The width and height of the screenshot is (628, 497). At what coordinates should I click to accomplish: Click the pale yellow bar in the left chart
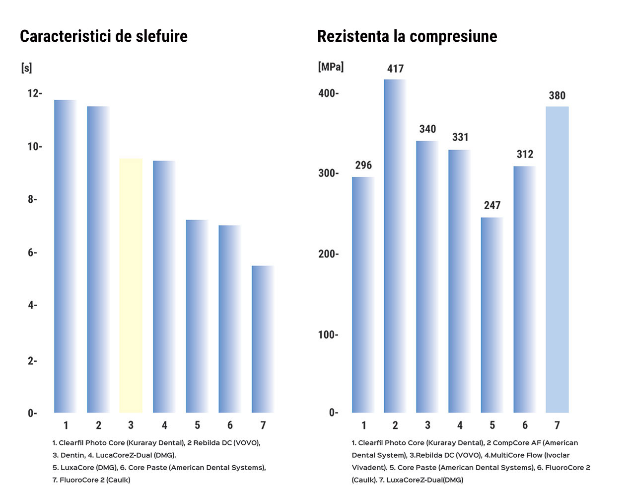point(131,286)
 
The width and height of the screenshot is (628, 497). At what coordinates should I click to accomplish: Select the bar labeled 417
point(395,246)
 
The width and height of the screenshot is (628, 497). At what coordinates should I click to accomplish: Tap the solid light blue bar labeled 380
point(557,259)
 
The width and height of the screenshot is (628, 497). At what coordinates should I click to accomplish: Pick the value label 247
point(492,205)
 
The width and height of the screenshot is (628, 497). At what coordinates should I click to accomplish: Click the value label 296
point(363,165)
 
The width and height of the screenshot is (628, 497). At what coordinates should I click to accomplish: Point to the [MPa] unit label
point(331,67)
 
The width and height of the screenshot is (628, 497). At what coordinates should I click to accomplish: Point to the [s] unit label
point(27,68)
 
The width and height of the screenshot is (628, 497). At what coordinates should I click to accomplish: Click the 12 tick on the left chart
point(34,93)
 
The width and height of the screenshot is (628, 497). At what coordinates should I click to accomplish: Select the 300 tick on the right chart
point(328,173)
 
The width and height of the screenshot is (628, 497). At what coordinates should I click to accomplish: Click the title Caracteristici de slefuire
point(104,36)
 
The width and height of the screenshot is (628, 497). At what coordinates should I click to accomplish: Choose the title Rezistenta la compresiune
point(407,36)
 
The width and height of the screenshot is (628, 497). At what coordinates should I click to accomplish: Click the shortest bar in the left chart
point(263,339)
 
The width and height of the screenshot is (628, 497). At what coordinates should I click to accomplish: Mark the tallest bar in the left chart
point(66,256)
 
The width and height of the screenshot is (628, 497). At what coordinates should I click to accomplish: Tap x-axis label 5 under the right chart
point(492,425)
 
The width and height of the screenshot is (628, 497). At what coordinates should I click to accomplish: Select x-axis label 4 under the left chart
point(164,425)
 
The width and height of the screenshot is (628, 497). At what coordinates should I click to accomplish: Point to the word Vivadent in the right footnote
point(368,468)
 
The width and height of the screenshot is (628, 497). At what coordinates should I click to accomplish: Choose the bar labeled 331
point(460,281)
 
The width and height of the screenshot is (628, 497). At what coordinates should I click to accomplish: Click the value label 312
point(525,154)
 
